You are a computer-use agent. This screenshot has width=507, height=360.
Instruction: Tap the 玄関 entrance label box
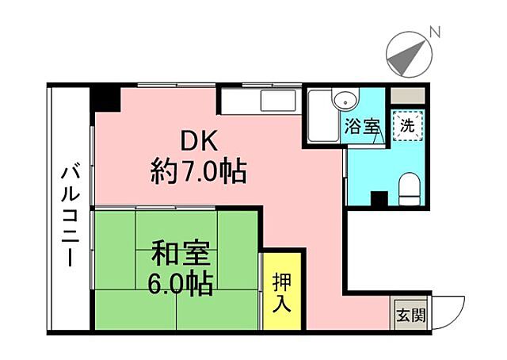click(x=410, y=313)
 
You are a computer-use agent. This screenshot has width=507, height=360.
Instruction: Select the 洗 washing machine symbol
click(x=406, y=124)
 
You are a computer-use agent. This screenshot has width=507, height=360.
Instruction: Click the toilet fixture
click(x=410, y=189)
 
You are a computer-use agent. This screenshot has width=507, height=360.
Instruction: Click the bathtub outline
click(x=322, y=117)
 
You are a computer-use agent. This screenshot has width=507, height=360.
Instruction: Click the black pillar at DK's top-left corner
click(x=105, y=99)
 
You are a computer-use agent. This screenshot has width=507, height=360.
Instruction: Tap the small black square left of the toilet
click(x=379, y=198)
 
